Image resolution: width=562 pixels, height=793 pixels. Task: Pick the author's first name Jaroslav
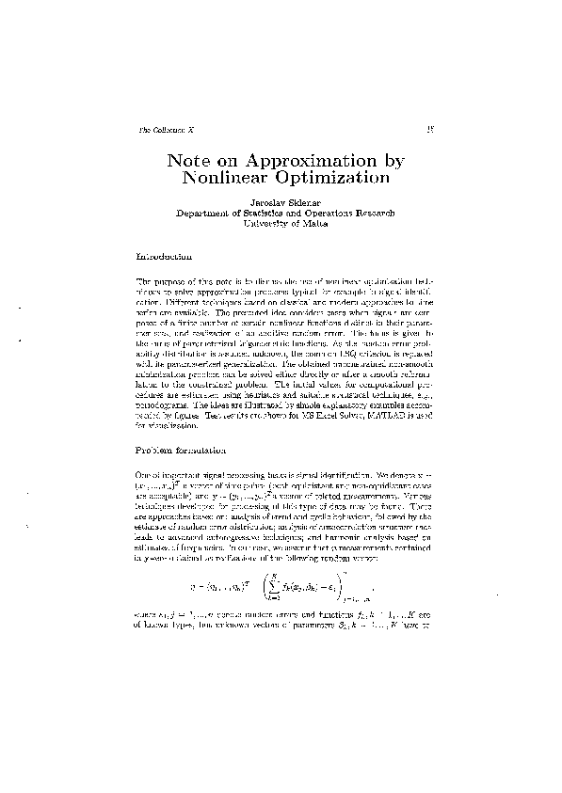[266, 202]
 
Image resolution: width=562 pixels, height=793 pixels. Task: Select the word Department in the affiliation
[209, 214]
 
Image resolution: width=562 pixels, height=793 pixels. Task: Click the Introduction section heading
[166, 256]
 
